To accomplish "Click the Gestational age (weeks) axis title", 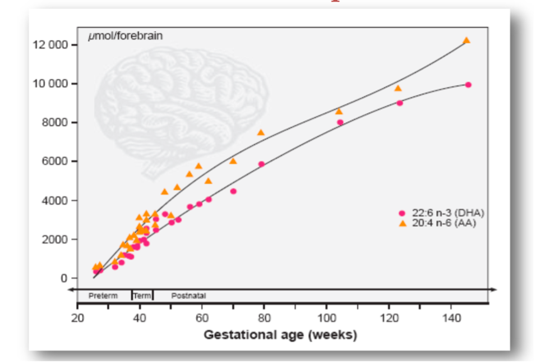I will pyautogui.click(x=280, y=336).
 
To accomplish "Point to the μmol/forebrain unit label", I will pyautogui.click(x=126, y=36).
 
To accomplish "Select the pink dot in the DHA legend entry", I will pyautogui.click(x=401, y=213).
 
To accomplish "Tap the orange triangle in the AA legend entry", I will pyautogui.click(x=401, y=223).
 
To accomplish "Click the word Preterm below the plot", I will pyautogui.click(x=103, y=296).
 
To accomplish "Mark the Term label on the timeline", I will pyautogui.click(x=142, y=296).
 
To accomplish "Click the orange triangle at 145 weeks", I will pyautogui.click(x=466, y=40).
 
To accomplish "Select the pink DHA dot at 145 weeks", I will pyautogui.click(x=468, y=85).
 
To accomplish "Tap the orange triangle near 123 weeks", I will pyautogui.click(x=398, y=88).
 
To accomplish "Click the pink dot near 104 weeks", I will pyautogui.click(x=340, y=122).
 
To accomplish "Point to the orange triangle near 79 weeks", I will pyautogui.click(x=261, y=132).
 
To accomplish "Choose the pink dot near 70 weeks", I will pyautogui.click(x=233, y=191).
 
